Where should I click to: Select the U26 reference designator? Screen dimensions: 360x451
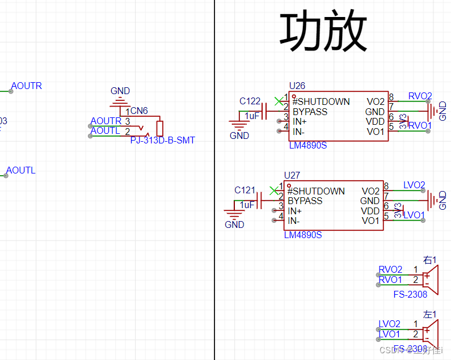[297, 86]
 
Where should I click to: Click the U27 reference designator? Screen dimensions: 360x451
[292, 175]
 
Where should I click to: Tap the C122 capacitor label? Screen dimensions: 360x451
[250, 101]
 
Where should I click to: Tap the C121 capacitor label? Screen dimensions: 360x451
[245, 190]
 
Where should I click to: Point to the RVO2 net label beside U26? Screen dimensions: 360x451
[420, 96]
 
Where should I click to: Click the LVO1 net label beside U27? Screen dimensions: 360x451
[414, 215]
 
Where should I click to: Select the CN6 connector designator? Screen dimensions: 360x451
[139, 111]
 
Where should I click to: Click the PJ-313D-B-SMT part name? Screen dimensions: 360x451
[162, 140]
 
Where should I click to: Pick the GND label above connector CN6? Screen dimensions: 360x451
[120, 91]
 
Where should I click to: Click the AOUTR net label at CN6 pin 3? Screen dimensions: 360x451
[106, 121]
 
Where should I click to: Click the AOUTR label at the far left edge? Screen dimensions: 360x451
[26, 86]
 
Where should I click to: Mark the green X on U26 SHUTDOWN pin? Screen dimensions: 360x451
[278, 101]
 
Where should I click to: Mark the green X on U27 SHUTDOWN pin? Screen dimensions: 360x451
[273, 190]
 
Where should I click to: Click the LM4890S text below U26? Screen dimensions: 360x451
[307, 146]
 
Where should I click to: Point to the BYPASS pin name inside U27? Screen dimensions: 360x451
[305, 201]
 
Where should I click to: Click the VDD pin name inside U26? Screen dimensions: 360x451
[375, 122]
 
